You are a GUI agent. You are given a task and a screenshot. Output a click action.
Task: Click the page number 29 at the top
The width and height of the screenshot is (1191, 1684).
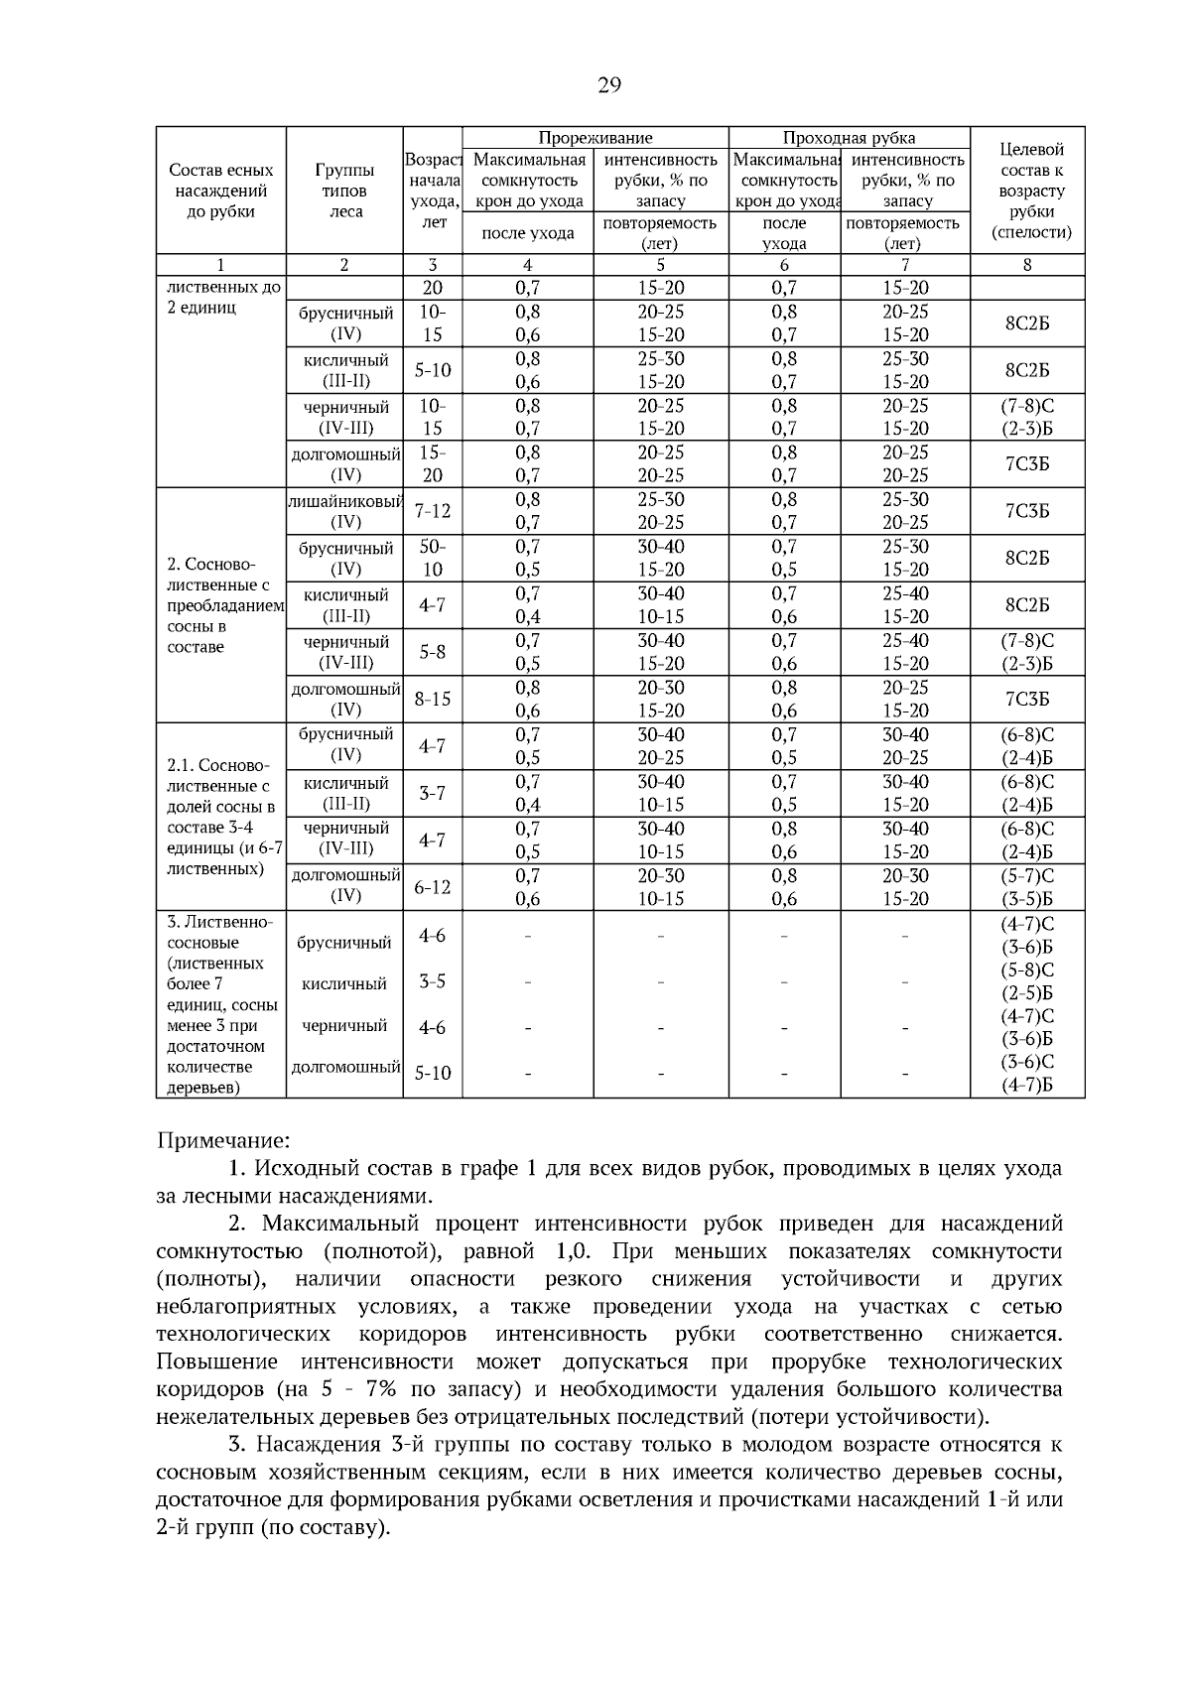click(608, 85)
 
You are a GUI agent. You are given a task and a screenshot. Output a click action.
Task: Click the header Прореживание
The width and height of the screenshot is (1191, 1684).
click(595, 138)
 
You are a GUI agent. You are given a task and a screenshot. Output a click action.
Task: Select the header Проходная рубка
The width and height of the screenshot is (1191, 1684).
click(849, 138)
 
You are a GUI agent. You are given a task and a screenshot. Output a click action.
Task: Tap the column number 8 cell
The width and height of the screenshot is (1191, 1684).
click(1026, 264)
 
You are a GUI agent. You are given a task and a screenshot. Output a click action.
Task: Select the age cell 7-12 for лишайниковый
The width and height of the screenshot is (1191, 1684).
click(433, 511)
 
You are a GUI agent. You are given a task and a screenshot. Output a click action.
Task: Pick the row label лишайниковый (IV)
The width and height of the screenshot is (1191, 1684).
click(344, 511)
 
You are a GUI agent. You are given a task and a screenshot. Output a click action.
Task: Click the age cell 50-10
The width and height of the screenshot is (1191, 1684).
click(433, 558)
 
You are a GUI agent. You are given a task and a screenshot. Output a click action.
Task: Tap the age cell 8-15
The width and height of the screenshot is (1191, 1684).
click(433, 699)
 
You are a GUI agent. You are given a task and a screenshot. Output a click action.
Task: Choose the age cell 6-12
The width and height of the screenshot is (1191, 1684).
click(433, 886)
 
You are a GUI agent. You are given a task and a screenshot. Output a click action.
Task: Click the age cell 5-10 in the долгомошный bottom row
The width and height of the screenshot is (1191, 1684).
click(433, 1073)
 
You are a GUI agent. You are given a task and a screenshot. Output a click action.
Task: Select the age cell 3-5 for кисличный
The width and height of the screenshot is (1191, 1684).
click(433, 981)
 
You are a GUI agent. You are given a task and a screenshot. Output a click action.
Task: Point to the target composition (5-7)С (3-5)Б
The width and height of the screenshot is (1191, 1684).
click(1026, 887)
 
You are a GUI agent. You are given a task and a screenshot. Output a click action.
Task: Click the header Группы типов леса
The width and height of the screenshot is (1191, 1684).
click(344, 191)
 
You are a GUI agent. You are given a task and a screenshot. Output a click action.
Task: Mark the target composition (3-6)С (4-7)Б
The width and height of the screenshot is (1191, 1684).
click(1026, 1074)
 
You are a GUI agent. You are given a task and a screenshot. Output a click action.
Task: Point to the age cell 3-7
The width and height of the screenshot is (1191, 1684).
click(433, 793)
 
